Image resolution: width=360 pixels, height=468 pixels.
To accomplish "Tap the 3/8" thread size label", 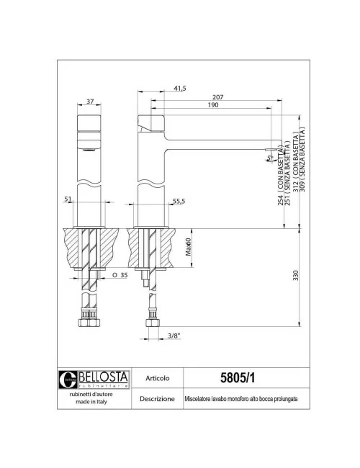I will pos(174,335).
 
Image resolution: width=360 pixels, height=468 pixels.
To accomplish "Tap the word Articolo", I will pos(158,377).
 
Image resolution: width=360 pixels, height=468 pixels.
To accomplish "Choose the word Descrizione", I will pos(158,397).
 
